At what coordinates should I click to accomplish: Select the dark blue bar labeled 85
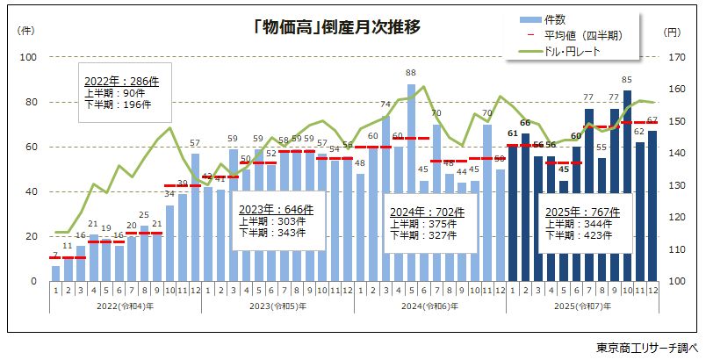[627, 185]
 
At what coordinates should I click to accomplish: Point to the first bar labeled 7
[55, 273]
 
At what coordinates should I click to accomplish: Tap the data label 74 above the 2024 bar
[385, 104]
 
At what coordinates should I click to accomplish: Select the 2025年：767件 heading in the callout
[583, 212]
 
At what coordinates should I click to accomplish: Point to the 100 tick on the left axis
[29, 57]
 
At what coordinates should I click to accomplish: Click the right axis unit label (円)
[672, 32]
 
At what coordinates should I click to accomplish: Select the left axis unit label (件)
[25, 32]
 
